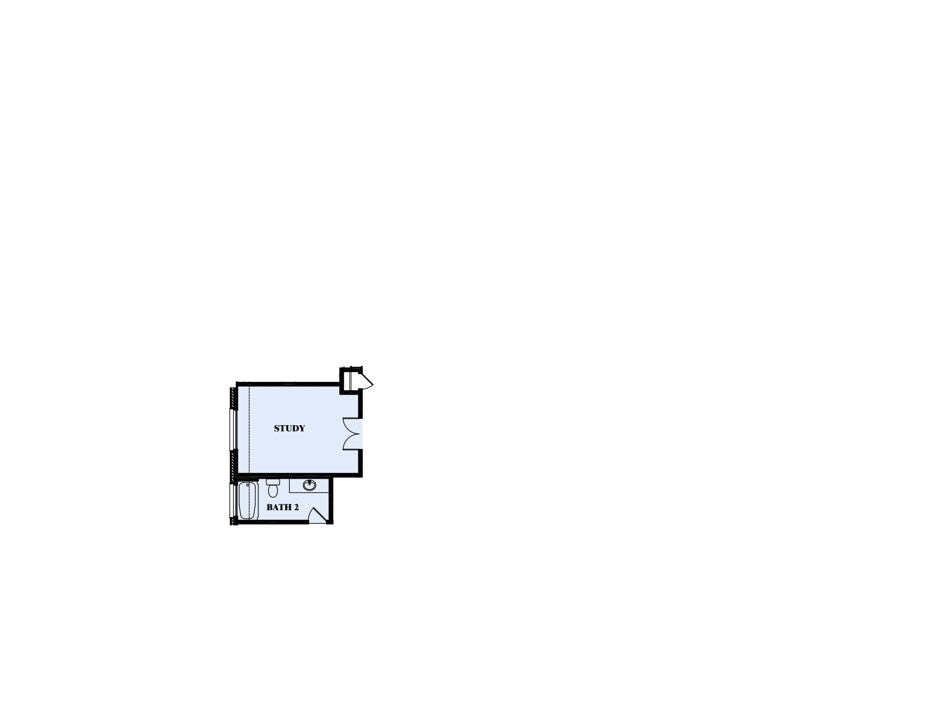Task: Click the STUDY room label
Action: click(289, 429)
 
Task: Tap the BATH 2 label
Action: click(282, 507)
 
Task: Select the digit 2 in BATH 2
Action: click(296, 507)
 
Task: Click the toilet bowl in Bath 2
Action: click(273, 490)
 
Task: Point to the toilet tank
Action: click(273, 482)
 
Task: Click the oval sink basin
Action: click(309, 486)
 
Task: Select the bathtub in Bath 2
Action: click(248, 500)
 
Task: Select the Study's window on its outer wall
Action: click(232, 429)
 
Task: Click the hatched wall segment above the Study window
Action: click(232, 398)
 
